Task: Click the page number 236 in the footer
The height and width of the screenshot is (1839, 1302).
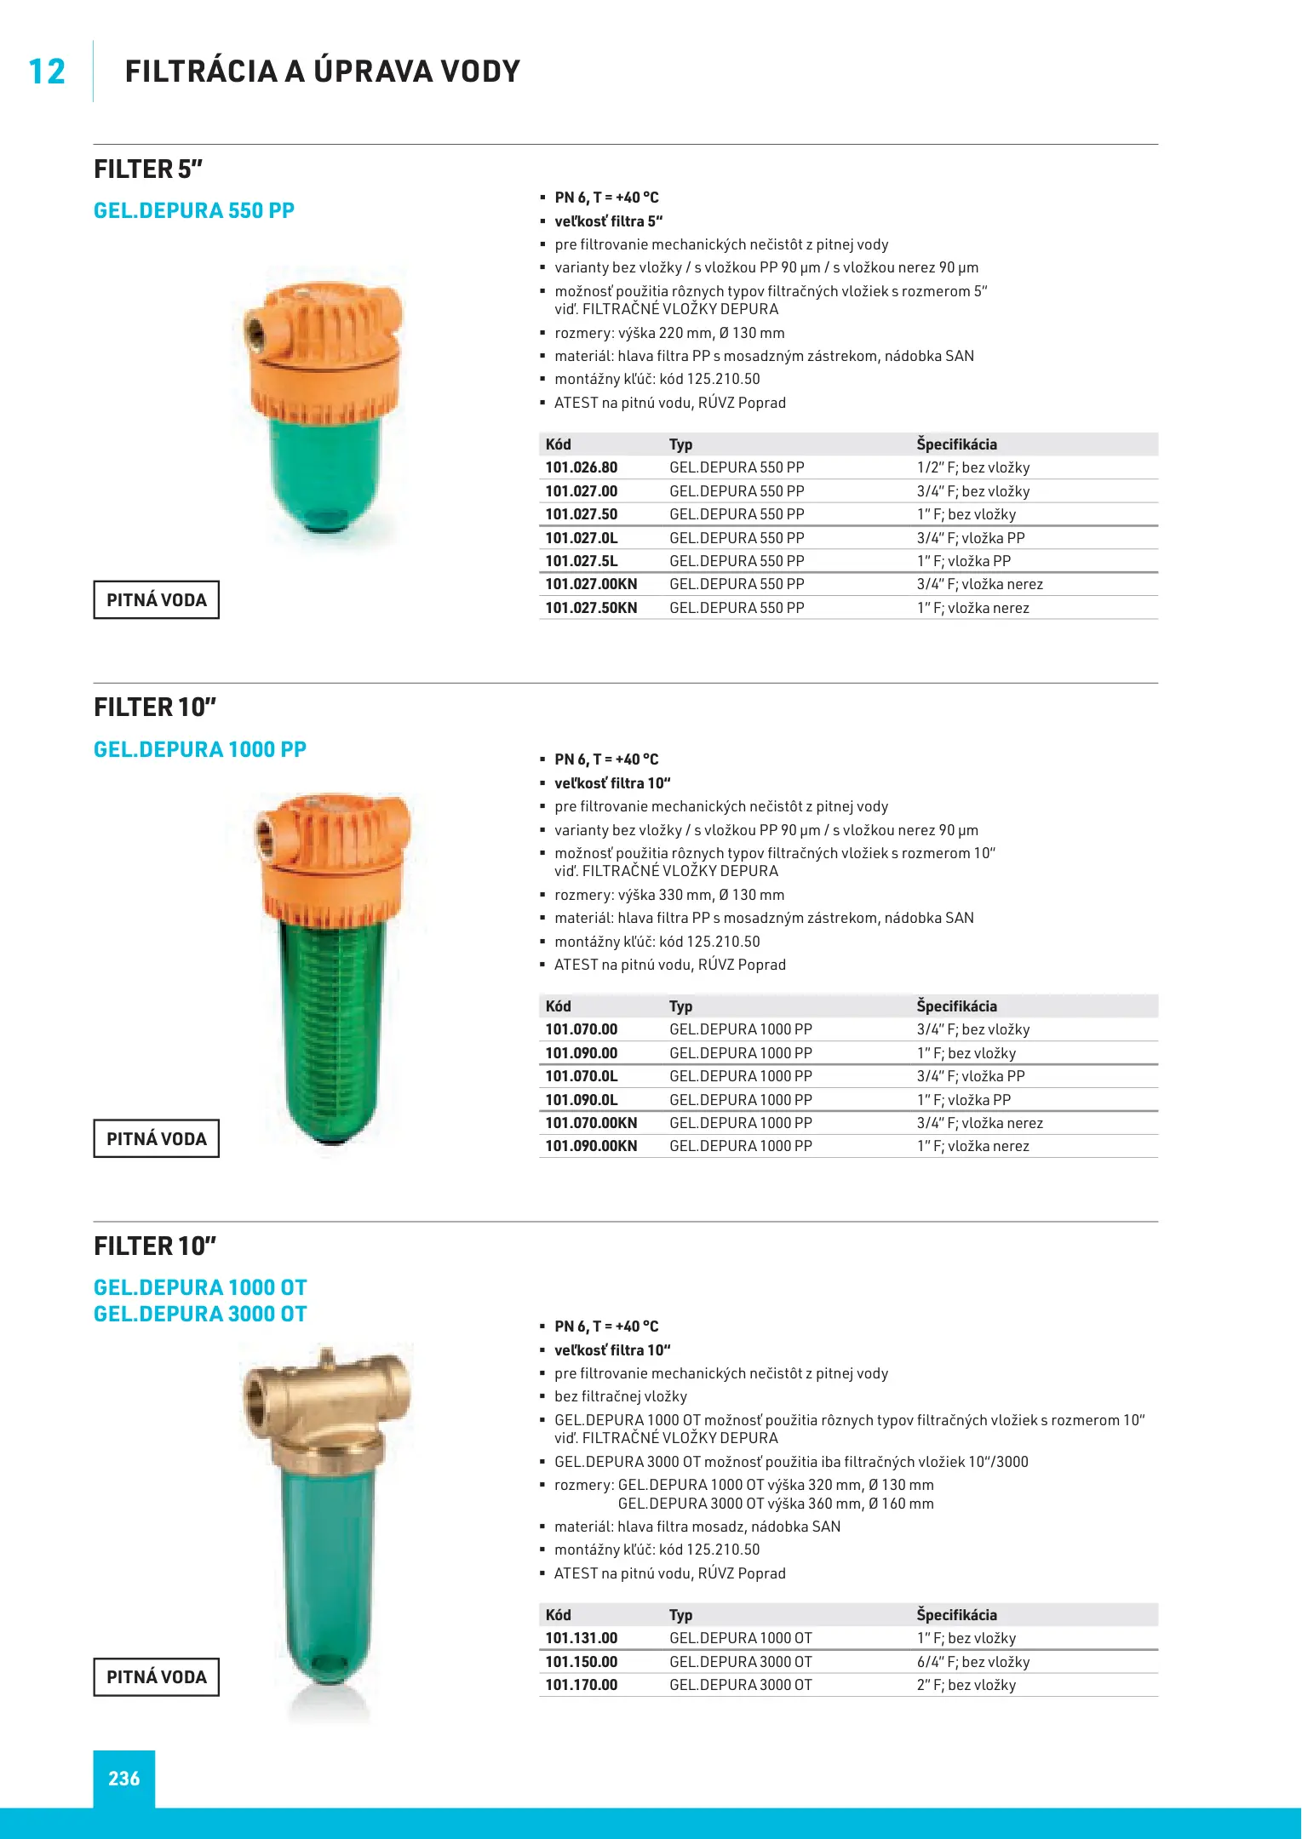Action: (124, 1779)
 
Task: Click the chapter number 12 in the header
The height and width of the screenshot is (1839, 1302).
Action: (47, 72)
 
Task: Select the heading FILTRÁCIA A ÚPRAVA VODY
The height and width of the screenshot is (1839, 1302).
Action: (322, 72)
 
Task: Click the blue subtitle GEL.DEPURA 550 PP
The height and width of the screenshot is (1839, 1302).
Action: (194, 210)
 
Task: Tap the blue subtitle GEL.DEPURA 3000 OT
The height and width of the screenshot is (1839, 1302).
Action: (200, 1314)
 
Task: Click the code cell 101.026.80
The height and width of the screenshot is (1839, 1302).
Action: (582, 467)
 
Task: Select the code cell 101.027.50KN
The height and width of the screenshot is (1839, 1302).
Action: (591, 608)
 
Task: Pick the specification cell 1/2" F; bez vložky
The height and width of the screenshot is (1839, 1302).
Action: (973, 467)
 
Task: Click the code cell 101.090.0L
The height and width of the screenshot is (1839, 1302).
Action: (582, 1100)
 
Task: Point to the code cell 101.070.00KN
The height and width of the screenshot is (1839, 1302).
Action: (591, 1123)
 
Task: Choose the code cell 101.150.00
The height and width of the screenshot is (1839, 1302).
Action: (582, 1662)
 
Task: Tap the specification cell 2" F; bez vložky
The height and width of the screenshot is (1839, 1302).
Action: (966, 1685)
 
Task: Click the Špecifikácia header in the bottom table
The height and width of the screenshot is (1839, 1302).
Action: (956, 1615)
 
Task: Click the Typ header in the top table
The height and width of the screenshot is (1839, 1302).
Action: (680, 444)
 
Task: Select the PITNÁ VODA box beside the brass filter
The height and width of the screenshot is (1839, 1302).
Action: (157, 1677)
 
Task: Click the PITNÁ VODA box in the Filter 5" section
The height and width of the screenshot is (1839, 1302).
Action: (157, 600)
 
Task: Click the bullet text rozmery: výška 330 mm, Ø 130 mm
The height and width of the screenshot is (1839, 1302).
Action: (669, 895)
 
